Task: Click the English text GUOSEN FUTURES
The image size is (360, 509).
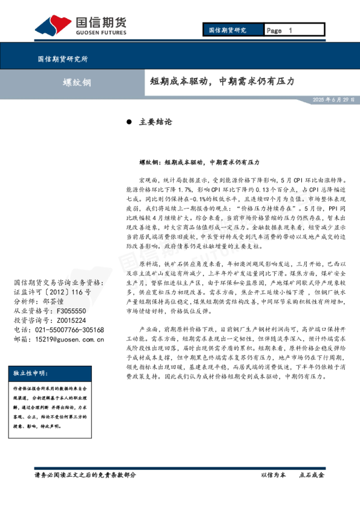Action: click(100, 34)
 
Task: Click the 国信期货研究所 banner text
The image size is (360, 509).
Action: click(62, 59)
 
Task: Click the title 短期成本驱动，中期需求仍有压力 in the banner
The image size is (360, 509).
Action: click(222, 81)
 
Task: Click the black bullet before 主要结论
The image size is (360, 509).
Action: click(129, 122)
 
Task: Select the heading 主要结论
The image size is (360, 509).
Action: click(156, 122)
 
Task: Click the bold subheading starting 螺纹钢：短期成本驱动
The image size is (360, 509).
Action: click(199, 163)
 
